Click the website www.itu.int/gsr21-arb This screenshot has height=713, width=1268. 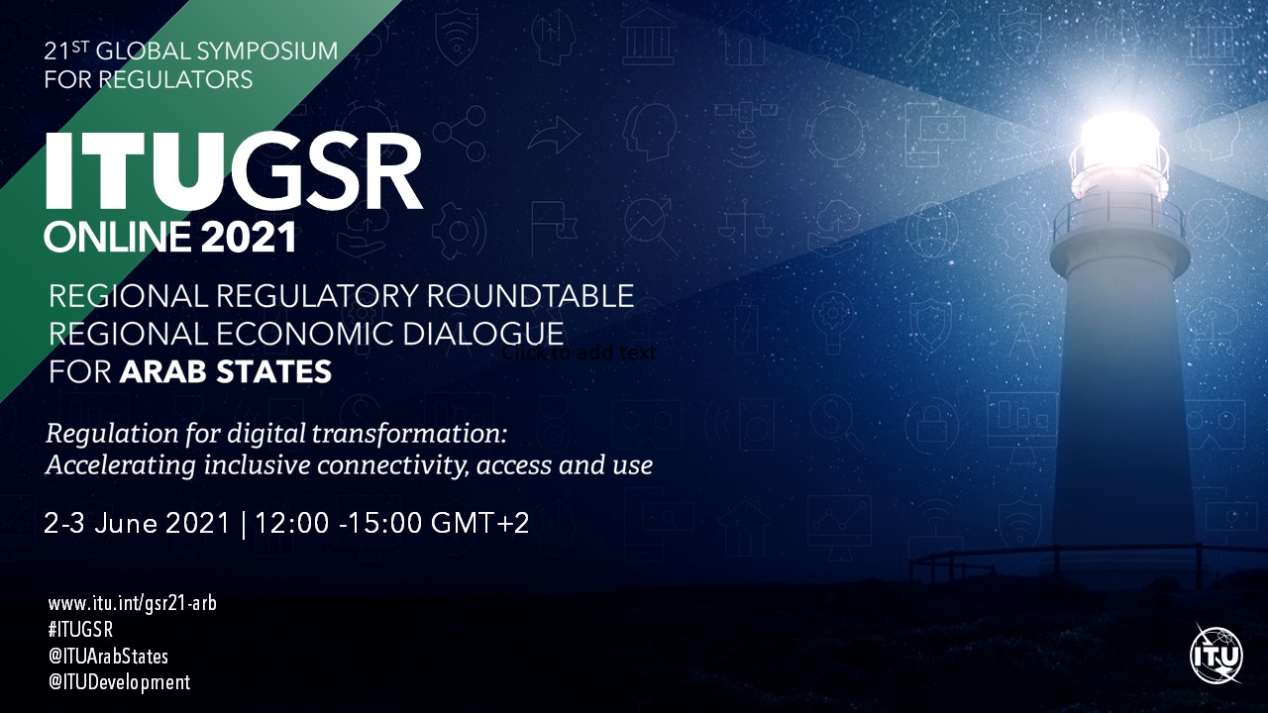coord(133,604)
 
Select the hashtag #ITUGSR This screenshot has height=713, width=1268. coord(81,630)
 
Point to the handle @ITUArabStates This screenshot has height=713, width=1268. coord(109,657)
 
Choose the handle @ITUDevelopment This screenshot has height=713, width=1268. coord(120,682)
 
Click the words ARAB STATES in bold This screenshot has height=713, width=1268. coord(226,372)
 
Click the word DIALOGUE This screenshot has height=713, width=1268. coord(483,334)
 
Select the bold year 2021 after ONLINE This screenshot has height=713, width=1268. coord(249,237)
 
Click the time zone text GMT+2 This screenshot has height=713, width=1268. coord(480,522)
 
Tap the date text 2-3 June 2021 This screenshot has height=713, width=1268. coord(137,522)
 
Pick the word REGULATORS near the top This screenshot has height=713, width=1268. coord(176,80)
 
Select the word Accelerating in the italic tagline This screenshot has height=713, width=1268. coord(121,466)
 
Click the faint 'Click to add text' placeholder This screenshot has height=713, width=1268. coord(580,354)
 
